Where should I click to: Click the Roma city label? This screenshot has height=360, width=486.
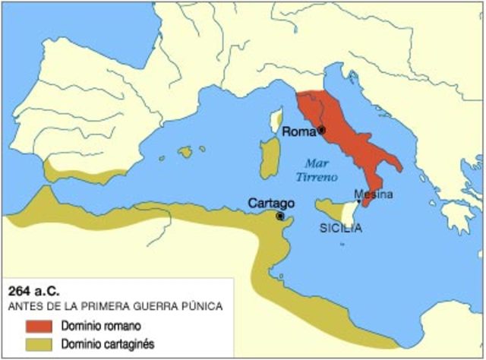pyautogui.click(x=298, y=131)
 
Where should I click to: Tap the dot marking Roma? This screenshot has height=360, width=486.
pyautogui.click(x=321, y=131)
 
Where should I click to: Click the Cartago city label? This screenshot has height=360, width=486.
pyautogui.click(x=271, y=204)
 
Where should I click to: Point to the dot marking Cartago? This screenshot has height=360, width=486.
pyautogui.click(x=280, y=216)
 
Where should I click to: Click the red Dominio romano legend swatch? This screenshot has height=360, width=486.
pyautogui.click(x=31, y=327)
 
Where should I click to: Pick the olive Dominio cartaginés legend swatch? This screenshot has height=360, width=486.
pyautogui.click(x=31, y=344)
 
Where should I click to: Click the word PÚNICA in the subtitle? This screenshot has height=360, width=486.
pyautogui.click(x=201, y=307)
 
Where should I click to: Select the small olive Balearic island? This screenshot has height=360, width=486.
pyautogui.click(x=185, y=152)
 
